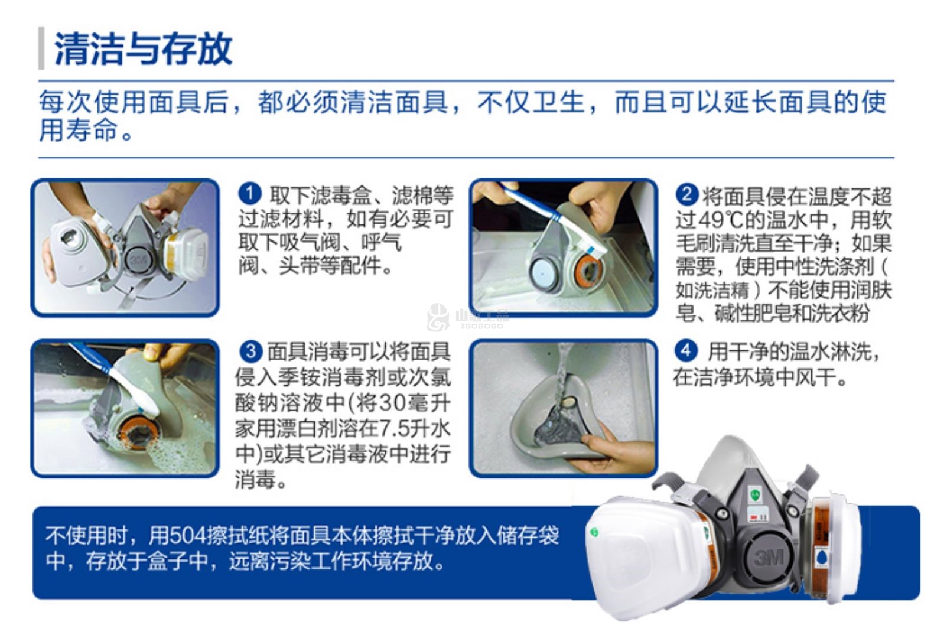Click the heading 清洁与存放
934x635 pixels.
coord(143,48)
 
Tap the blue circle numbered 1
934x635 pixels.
coord(250,194)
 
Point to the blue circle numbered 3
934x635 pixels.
coord(251,351)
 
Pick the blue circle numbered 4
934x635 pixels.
coord(686,351)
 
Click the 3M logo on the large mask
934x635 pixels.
coord(769,556)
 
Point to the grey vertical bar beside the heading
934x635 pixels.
coord(41,48)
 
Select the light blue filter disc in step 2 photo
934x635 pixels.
coord(542,273)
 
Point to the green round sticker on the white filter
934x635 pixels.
coord(594,532)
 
